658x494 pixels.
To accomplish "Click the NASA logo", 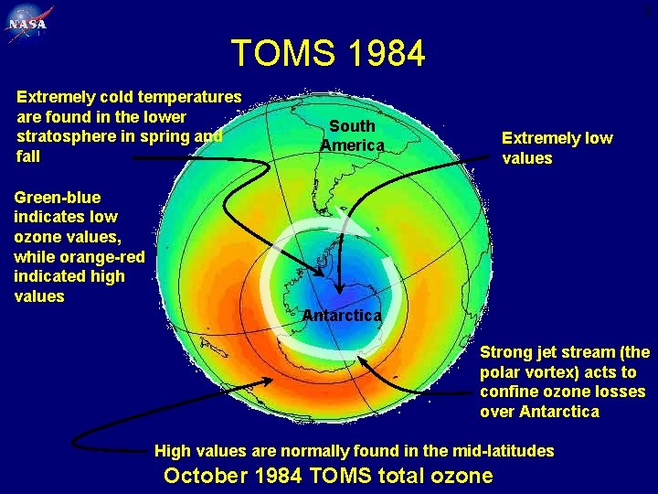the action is tap(30, 24).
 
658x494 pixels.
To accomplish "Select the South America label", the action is tap(352, 135).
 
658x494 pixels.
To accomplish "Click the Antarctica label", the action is tap(342, 315).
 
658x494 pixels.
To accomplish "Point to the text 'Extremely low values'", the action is tap(557, 148).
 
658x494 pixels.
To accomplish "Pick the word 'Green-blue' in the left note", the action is tap(58, 198).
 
